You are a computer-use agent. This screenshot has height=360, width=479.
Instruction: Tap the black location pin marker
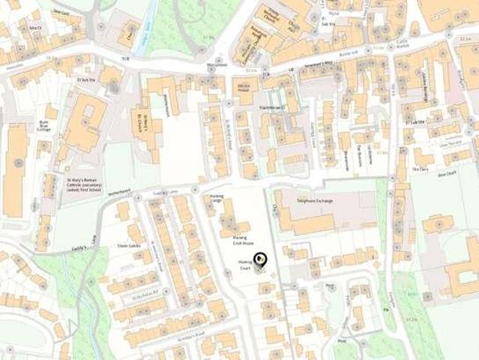pos(259,260)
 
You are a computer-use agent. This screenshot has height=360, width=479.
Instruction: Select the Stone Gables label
pos(129,244)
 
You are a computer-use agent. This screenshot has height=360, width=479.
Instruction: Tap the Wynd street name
pos(334,13)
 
